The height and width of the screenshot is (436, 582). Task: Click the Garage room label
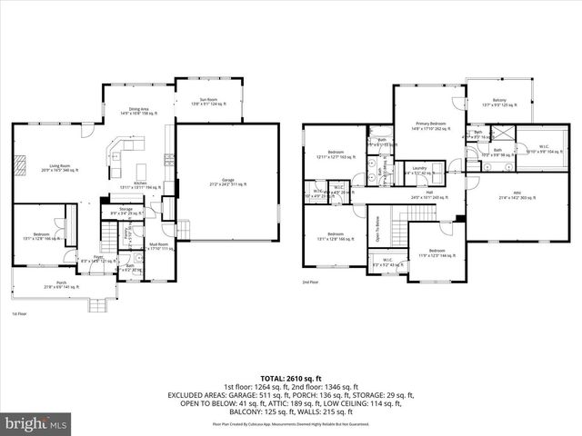tap(227, 183)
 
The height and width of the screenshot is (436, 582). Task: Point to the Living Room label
tap(60, 167)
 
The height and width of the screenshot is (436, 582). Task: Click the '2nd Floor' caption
tap(313, 282)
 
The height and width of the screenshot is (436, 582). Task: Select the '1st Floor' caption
tap(18, 313)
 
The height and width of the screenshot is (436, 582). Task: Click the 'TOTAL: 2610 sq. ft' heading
tap(290, 377)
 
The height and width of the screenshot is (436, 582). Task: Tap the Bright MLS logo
tap(36, 423)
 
